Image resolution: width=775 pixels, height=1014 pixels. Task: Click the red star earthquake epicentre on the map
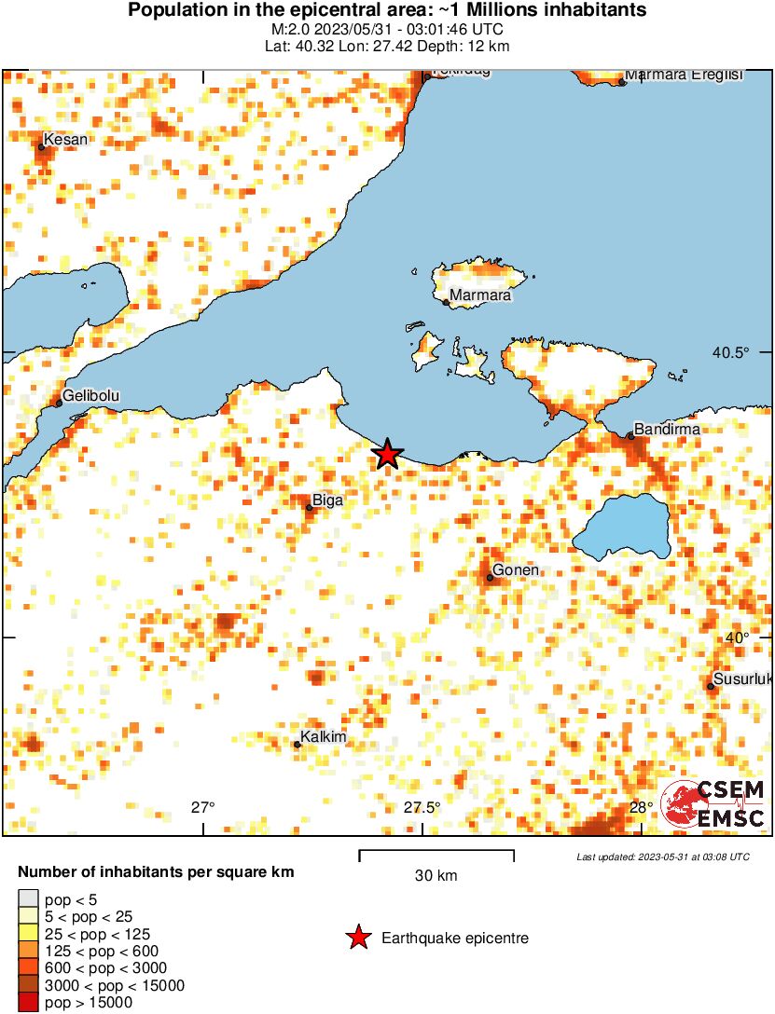(x=387, y=454)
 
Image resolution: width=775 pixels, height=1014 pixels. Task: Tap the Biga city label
(x=327, y=500)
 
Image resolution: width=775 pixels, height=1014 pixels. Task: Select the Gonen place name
(x=516, y=570)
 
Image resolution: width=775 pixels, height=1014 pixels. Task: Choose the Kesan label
(x=66, y=140)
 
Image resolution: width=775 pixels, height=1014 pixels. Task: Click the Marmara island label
(x=479, y=296)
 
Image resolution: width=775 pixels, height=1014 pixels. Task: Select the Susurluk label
(x=742, y=679)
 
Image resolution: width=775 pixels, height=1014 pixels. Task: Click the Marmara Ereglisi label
(x=683, y=75)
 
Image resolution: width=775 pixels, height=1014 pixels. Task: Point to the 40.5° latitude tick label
(x=730, y=352)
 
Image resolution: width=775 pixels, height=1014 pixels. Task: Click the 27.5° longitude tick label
(x=422, y=807)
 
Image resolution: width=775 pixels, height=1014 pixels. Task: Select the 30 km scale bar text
(x=436, y=875)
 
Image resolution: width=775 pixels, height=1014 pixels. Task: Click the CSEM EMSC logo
(x=713, y=803)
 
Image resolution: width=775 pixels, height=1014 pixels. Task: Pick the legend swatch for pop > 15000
(x=28, y=1003)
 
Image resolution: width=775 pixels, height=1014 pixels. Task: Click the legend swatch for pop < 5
(x=28, y=899)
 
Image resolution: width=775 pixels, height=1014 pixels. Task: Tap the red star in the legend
(x=357, y=939)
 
